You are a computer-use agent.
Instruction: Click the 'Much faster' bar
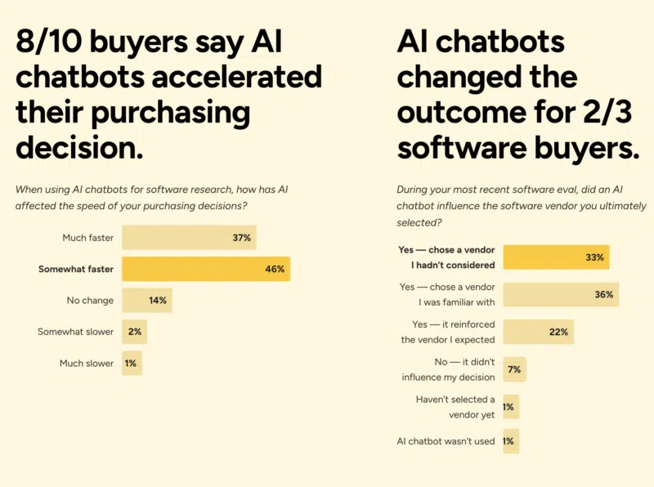click(x=188, y=238)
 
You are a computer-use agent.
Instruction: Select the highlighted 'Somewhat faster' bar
click(x=205, y=269)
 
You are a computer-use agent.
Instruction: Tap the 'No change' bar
click(x=146, y=300)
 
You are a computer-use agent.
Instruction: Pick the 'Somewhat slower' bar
click(x=134, y=332)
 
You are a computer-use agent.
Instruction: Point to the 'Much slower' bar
click(x=132, y=363)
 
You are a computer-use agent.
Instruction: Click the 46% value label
click(x=275, y=269)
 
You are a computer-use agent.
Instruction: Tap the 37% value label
click(x=241, y=238)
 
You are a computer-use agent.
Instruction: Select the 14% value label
click(x=158, y=300)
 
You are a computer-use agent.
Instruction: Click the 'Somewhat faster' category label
click(x=76, y=269)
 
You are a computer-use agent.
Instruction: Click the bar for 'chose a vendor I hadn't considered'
click(x=555, y=257)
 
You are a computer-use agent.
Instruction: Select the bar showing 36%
click(x=560, y=294)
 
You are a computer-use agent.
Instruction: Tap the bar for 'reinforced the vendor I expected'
click(x=537, y=332)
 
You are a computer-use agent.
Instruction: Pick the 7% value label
click(x=514, y=369)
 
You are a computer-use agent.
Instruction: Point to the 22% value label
click(x=559, y=332)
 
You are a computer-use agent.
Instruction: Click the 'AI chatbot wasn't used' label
click(x=446, y=441)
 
